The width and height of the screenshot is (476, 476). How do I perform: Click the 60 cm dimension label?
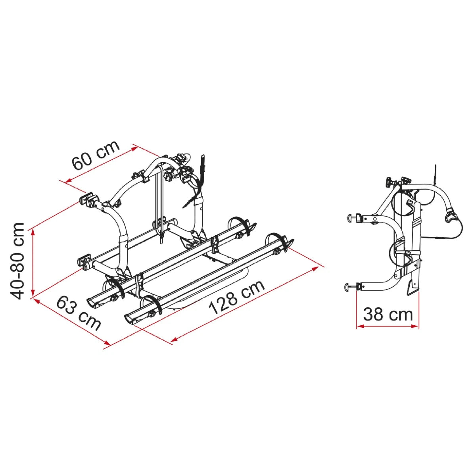[95, 155]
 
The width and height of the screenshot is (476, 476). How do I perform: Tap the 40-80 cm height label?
[17, 261]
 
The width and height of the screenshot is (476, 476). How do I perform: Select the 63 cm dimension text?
[79, 313]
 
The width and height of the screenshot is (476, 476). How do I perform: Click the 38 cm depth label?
[388, 315]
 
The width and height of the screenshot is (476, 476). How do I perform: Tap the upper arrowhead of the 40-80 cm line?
[33, 233]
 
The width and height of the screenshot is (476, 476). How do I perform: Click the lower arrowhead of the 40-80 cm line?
[33, 292]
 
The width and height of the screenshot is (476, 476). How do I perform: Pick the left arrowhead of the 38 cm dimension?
[361, 326]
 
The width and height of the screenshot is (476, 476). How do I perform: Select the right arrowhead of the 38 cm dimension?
[415, 326]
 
